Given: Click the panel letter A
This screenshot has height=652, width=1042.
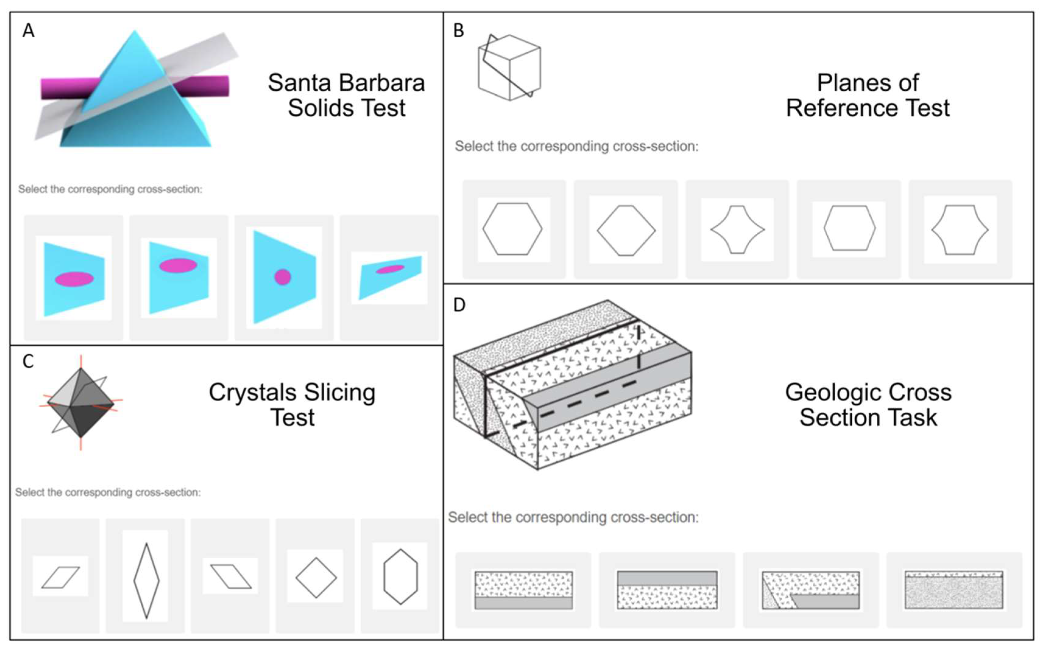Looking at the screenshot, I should (x=29, y=31).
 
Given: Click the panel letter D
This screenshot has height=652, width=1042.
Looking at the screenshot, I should (x=459, y=305).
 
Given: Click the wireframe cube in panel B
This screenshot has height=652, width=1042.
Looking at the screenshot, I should (x=509, y=68).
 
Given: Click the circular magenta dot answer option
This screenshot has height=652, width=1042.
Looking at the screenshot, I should (x=283, y=277).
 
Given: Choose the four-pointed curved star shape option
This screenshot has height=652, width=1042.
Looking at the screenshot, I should (x=737, y=229).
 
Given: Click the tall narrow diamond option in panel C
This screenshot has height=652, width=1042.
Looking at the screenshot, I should (x=146, y=581).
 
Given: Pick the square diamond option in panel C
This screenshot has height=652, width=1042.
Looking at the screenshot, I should (x=316, y=578).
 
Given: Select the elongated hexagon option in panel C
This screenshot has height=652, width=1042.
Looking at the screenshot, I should (x=400, y=576).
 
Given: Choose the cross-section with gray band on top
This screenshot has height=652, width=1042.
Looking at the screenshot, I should (x=667, y=590).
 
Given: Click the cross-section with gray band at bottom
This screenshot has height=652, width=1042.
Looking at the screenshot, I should (x=523, y=590).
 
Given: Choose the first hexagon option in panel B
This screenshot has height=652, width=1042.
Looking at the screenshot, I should (x=512, y=229).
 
